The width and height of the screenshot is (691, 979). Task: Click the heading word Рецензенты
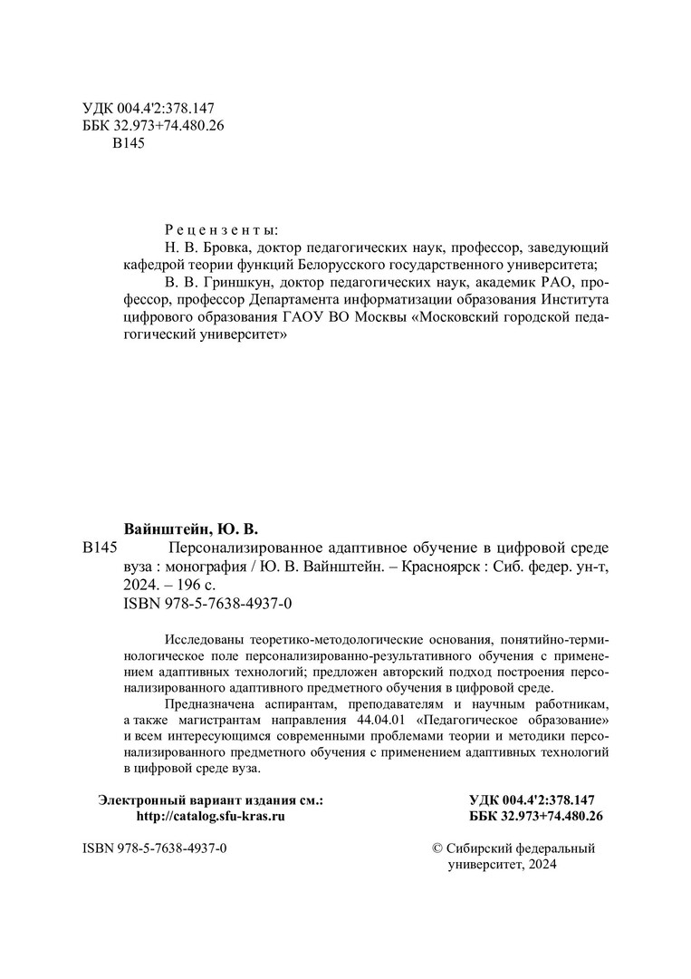tap(221, 229)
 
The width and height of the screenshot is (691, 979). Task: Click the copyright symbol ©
tap(439, 848)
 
